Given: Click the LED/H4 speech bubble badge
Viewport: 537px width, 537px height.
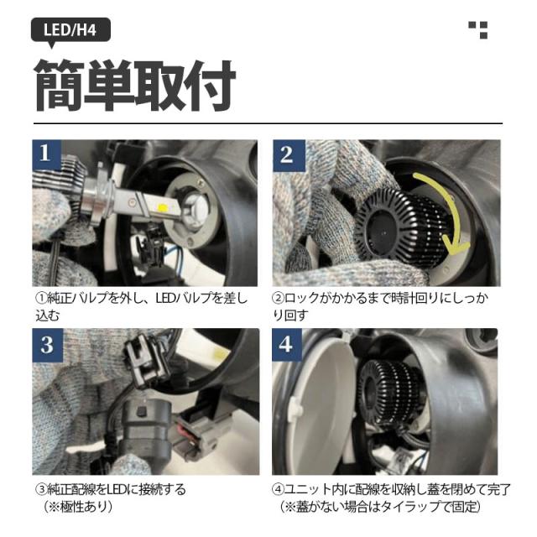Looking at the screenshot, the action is pyautogui.click(x=70, y=31).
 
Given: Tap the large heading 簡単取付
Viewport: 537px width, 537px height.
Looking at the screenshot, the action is pyautogui.click(x=134, y=86).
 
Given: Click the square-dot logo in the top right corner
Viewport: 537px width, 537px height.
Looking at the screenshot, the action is pyautogui.click(x=478, y=30).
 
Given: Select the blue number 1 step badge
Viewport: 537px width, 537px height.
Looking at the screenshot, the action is pyautogui.click(x=47, y=153).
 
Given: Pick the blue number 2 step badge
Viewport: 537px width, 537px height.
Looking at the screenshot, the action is pyautogui.click(x=289, y=155).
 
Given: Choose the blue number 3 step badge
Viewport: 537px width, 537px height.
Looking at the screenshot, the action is pyautogui.click(x=48, y=345).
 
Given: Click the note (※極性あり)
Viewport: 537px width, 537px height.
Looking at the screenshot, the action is pyautogui.click(x=78, y=507).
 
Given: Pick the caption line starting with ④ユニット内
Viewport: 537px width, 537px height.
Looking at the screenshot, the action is pyautogui.click(x=391, y=490).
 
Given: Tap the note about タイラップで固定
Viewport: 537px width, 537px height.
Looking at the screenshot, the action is pyautogui.click(x=380, y=507).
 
